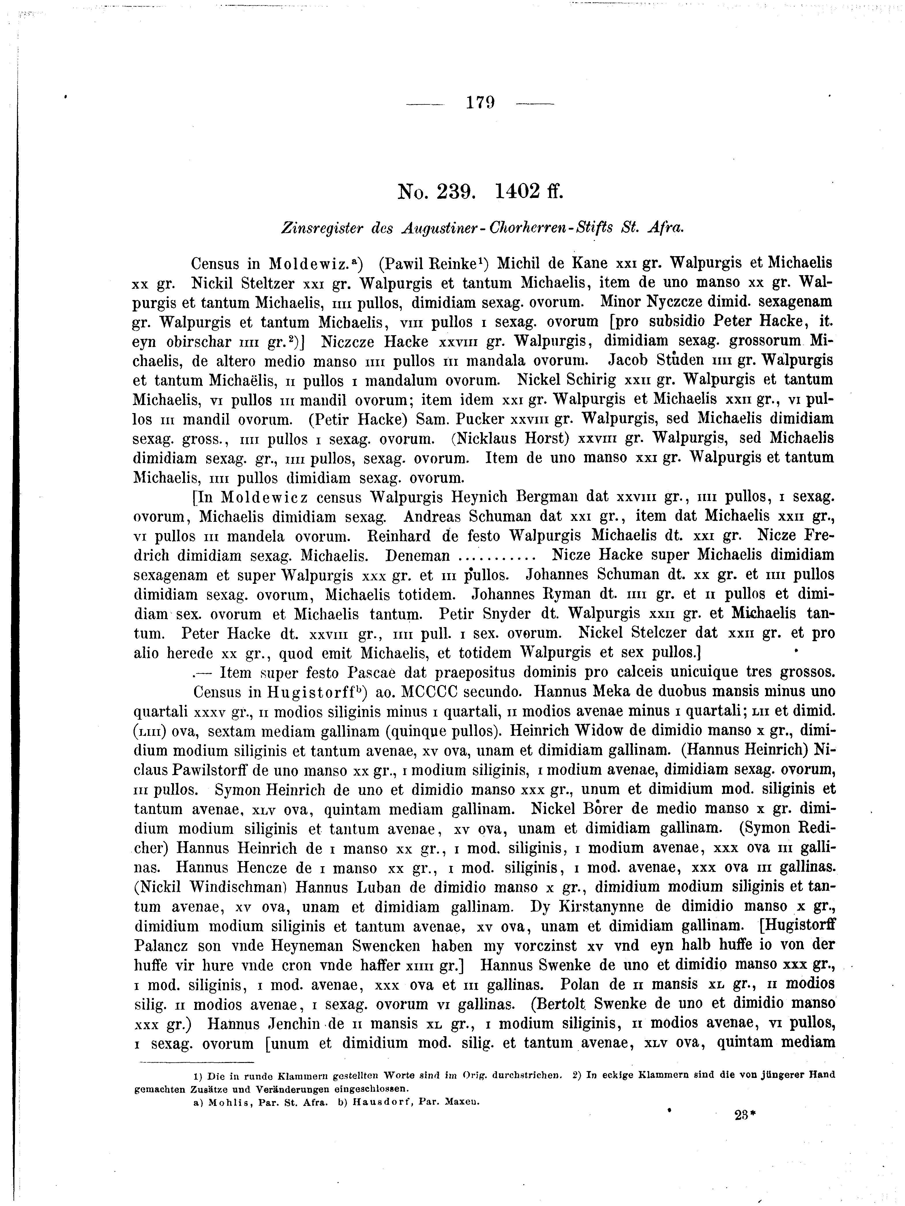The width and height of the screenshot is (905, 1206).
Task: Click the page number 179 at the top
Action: click(480, 102)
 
